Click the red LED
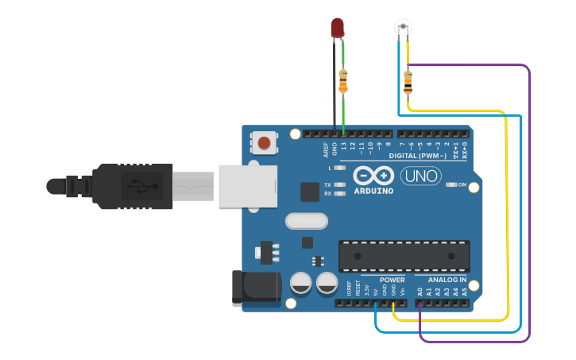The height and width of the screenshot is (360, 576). pyautogui.click(x=338, y=26)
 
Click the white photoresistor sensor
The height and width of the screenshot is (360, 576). pyautogui.click(x=404, y=27)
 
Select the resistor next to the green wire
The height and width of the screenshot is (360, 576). pyautogui.click(x=343, y=80)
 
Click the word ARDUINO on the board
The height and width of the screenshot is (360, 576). pyautogui.click(x=373, y=191)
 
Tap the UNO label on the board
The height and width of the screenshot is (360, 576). pyautogui.click(x=420, y=176)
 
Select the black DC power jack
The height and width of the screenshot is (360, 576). pyautogui.click(x=256, y=288)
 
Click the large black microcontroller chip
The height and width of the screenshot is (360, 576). pyautogui.click(x=404, y=255)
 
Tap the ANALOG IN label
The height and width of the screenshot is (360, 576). pyautogui.click(x=447, y=280)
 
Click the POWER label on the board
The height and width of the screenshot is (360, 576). pyautogui.click(x=392, y=280)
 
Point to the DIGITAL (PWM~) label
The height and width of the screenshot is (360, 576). pyautogui.click(x=418, y=156)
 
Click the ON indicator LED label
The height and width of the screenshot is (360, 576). pyautogui.click(x=462, y=184)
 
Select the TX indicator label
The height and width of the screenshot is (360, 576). pyautogui.click(x=327, y=184)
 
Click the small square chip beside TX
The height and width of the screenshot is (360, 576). pyautogui.click(x=310, y=192)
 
